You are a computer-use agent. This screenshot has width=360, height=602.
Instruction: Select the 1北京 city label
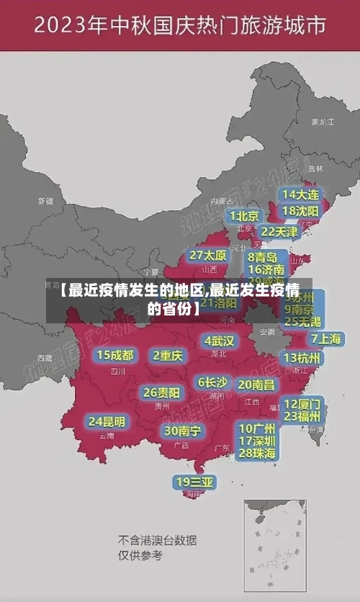(245, 216)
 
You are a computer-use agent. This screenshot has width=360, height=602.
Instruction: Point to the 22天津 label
(279, 232)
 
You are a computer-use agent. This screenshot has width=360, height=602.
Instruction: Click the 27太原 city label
(208, 256)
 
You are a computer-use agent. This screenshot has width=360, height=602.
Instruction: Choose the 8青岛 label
(262, 257)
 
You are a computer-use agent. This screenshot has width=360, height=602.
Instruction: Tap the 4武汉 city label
(219, 340)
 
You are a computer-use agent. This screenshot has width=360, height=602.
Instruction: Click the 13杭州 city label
(302, 358)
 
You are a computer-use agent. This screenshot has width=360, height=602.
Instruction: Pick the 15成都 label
(115, 355)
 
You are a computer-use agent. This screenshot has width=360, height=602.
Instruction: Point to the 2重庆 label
(168, 355)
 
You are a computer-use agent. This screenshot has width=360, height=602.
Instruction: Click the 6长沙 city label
(212, 382)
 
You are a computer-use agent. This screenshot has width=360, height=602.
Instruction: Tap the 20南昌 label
(256, 385)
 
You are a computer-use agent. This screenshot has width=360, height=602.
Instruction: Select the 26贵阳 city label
(161, 392)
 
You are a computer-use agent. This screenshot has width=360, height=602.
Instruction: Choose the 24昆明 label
(107, 421)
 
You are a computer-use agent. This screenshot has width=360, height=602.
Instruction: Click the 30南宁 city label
(182, 431)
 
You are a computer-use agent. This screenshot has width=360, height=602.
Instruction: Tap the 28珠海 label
(257, 453)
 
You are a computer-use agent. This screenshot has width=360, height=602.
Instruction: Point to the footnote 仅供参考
(140, 555)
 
